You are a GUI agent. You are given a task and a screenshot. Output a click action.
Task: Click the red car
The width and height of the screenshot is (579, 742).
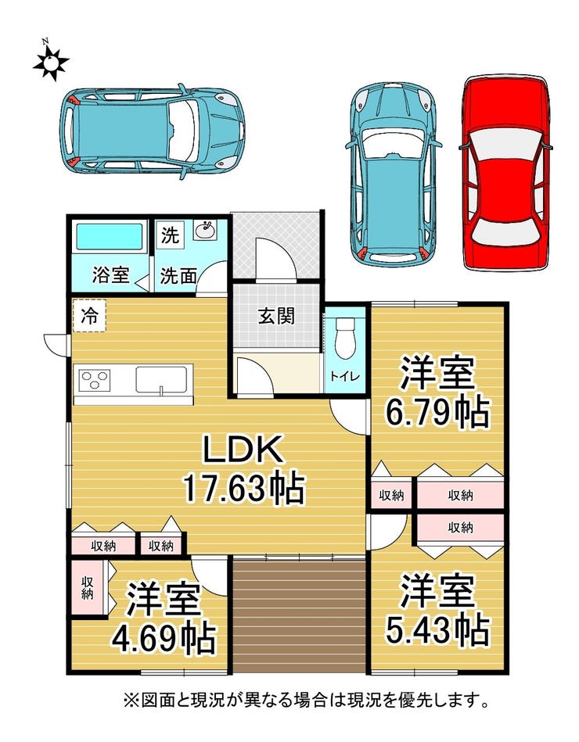[x=505, y=173]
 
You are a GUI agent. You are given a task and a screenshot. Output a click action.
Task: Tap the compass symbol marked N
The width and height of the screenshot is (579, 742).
[x=50, y=62]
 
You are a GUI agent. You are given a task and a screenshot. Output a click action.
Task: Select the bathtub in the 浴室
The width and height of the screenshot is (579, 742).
[x=110, y=237]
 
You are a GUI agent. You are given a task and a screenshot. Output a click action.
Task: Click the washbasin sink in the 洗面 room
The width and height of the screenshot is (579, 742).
[x=205, y=231]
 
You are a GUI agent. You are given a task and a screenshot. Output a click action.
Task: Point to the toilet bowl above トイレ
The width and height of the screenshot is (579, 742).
[x=345, y=338]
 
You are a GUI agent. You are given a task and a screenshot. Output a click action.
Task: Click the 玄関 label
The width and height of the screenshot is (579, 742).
[x=276, y=316]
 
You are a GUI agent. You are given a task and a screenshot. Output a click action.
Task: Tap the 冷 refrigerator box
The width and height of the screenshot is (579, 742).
[x=89, y=315]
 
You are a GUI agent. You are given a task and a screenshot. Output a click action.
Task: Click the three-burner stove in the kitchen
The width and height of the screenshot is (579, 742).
[x=95, y=380]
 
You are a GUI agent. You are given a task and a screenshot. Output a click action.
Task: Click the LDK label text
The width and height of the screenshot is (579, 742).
[x=243, y=449]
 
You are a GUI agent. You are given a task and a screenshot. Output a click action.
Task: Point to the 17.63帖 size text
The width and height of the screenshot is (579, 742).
[x=243, y=489]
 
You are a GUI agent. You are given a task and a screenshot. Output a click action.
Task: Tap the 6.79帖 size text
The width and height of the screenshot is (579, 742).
[x=437, y=412]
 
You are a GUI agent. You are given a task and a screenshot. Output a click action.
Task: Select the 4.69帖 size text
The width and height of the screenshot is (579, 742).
[x=164, y=638]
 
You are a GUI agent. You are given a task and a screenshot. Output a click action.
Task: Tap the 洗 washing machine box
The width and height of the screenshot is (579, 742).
[x=170, y=235]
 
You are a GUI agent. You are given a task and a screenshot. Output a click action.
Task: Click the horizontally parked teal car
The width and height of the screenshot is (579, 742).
[x=152, y=131]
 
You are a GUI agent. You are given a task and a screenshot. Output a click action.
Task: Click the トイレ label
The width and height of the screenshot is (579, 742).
[x=345, y=377]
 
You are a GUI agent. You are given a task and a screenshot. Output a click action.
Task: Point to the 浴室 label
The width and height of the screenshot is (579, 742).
[x=110, y=275]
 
